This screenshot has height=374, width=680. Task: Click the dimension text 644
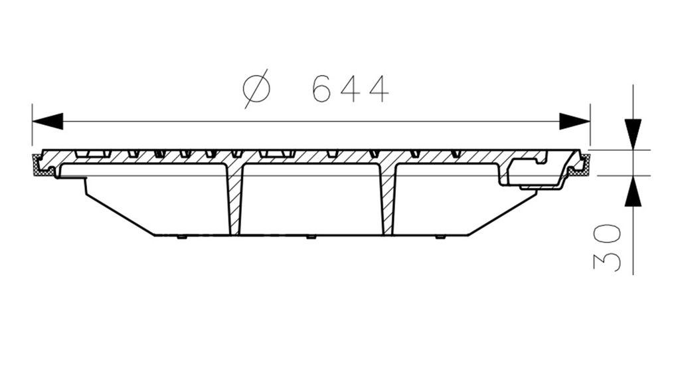(350, 89)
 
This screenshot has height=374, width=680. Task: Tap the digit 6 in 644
(322, 89)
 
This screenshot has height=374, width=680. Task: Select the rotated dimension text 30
(607, 248)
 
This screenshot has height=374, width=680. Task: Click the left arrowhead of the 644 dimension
(48, 122)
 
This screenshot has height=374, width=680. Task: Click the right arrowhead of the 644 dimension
(574, 122)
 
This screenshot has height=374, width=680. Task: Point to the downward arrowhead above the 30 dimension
(633, 134)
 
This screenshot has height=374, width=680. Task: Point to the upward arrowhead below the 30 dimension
(633, 191)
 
